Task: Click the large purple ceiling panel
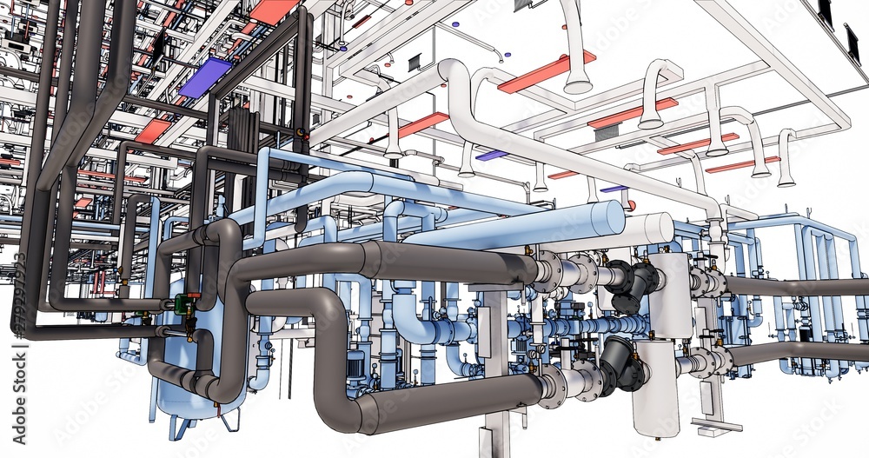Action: tap(205, 76)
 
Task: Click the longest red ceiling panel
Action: tap(546, 72)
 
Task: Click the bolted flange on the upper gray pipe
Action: tap(547, 271)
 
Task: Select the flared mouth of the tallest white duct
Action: tap(578, 84)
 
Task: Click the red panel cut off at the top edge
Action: tap(272, 10)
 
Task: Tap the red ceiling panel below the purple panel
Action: tap(153, 130)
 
